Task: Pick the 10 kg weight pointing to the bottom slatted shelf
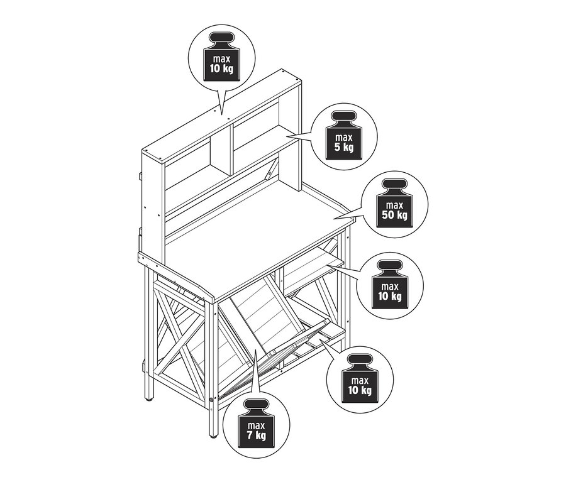360,379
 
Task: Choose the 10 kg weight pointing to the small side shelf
389,285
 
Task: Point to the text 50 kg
394,216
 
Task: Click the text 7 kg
257,435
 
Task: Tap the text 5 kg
343,147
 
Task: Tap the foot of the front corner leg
213,435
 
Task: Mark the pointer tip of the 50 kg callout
333,218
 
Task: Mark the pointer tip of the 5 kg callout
287,136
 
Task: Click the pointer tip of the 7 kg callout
255,349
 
